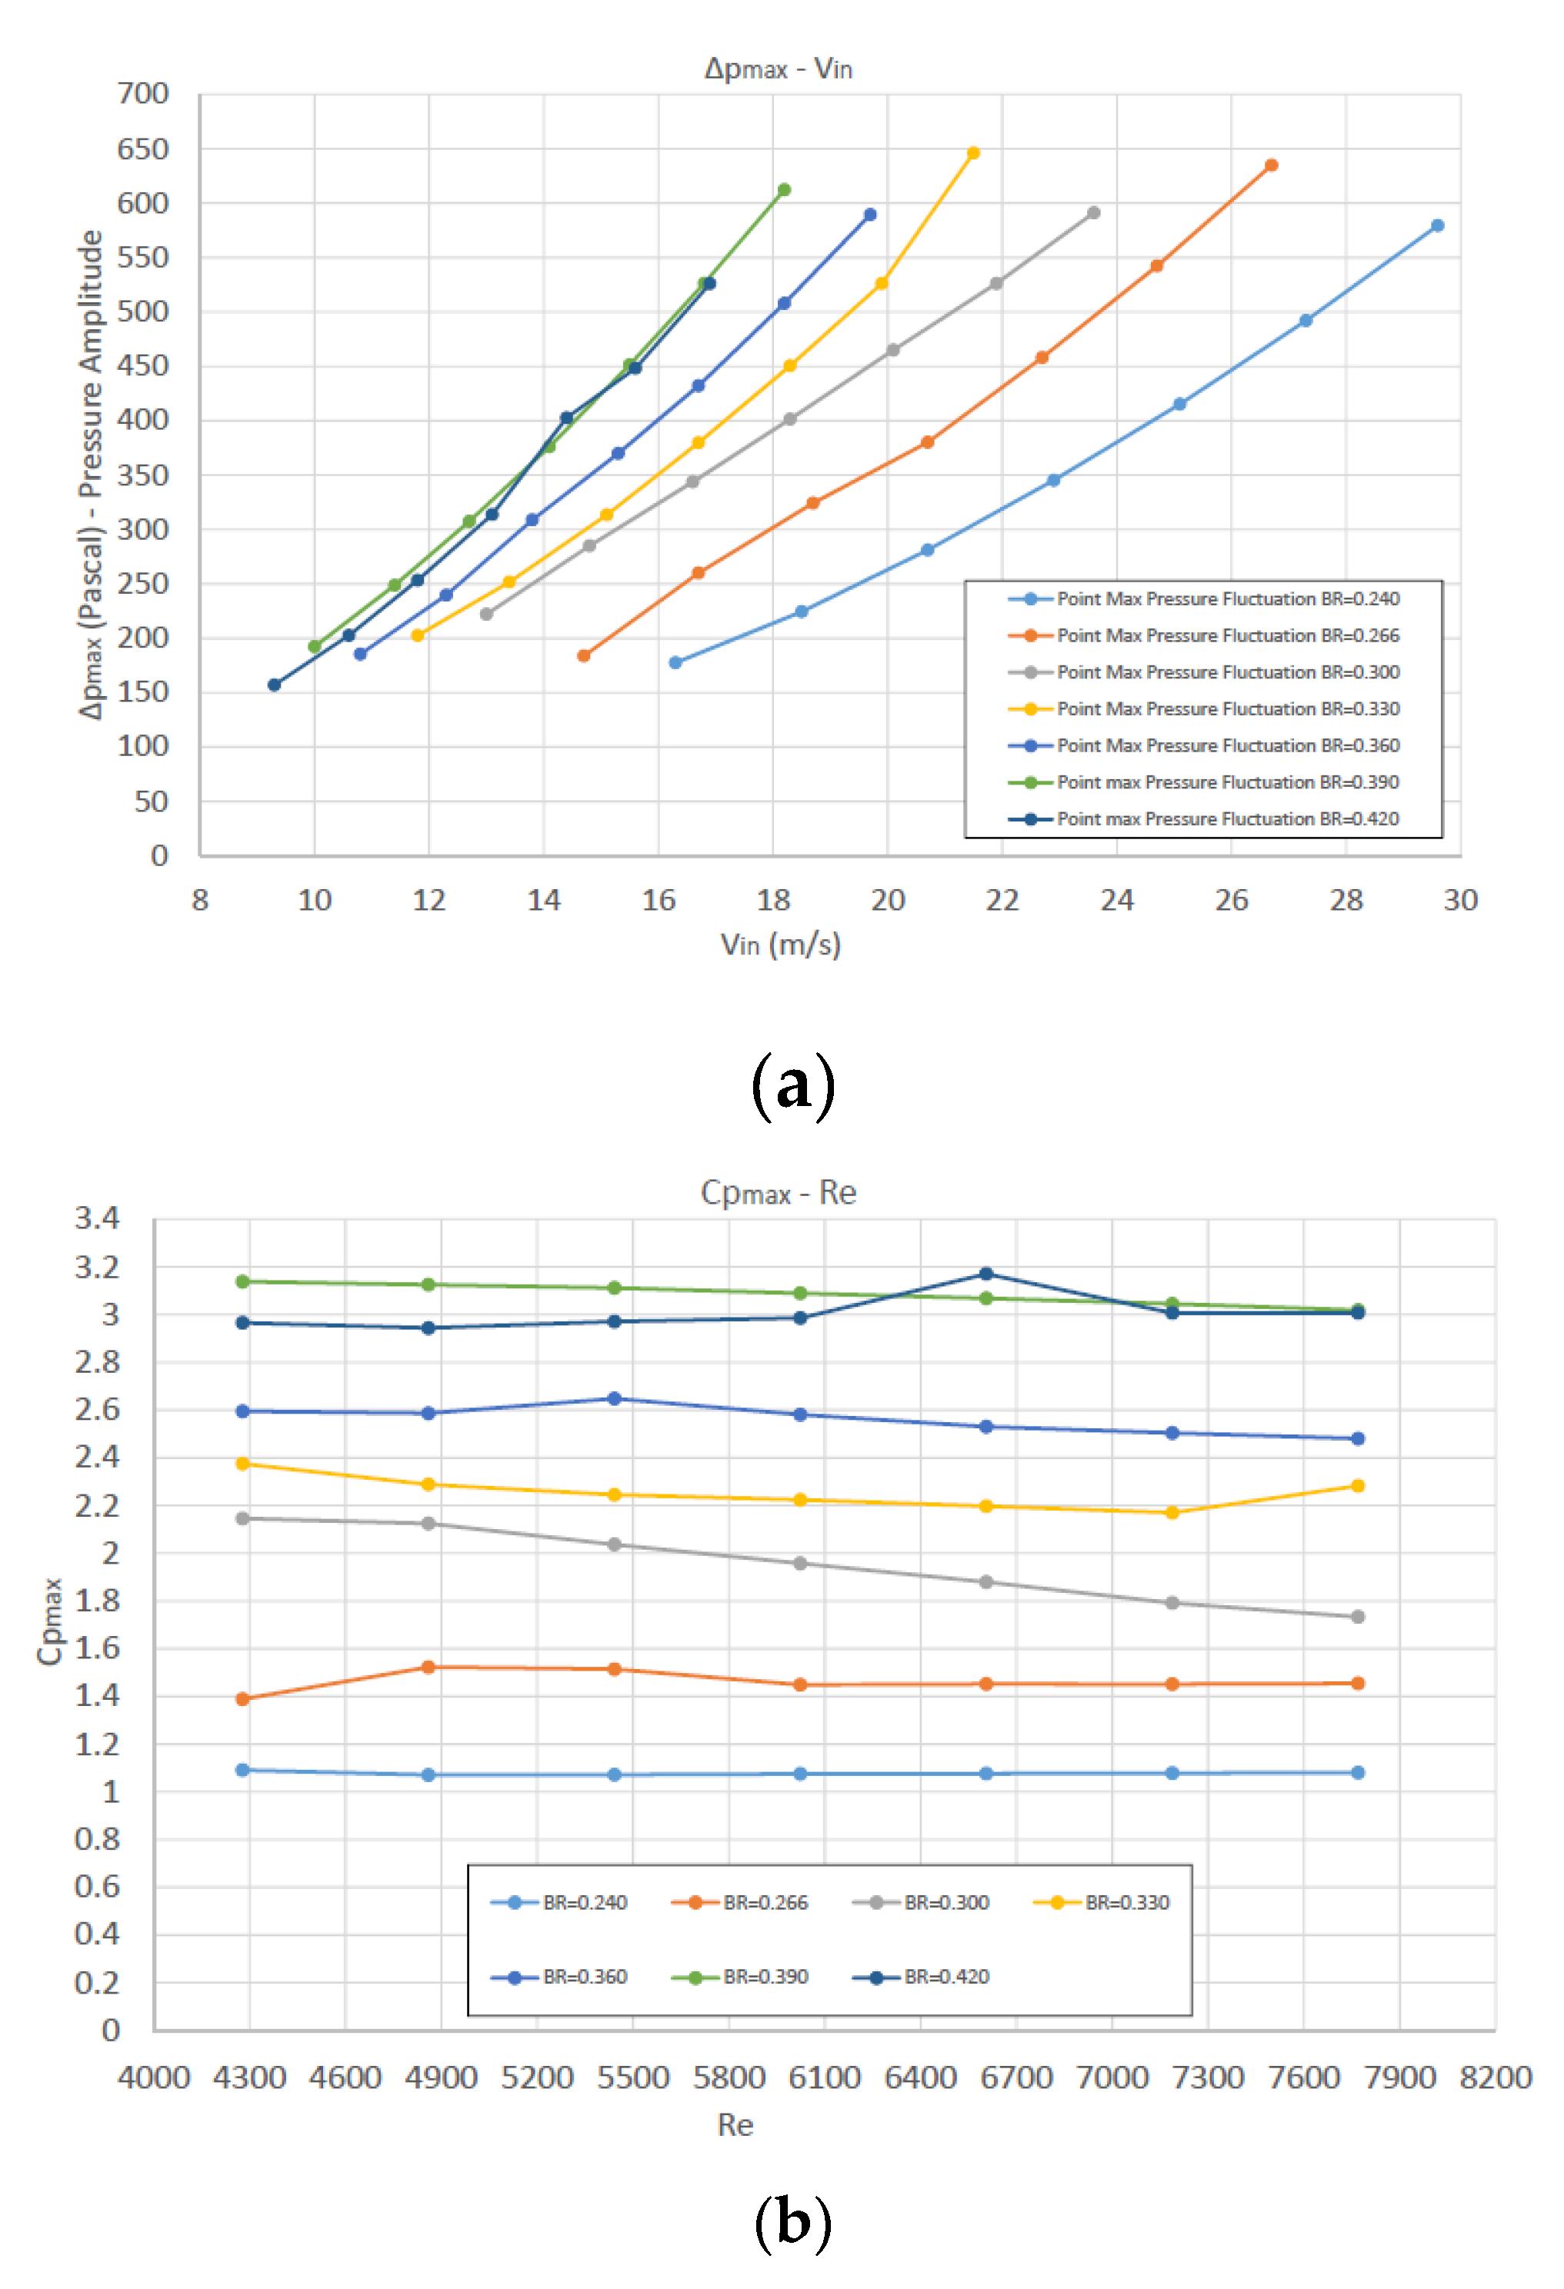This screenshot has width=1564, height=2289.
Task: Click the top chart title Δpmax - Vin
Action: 778,69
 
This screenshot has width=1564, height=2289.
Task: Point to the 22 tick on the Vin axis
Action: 1002,900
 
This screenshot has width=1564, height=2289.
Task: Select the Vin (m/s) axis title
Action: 780,945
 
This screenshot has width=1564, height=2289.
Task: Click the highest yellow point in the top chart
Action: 973,152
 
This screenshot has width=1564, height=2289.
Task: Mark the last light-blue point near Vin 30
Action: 1437,225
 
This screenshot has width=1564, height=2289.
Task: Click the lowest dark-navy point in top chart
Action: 275,685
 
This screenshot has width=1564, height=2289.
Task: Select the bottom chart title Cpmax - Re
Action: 778,1194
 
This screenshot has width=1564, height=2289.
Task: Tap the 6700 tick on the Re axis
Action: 1016,2078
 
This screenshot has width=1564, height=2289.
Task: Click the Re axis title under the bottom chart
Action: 735,2125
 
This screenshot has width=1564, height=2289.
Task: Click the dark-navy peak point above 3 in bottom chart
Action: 986,1274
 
